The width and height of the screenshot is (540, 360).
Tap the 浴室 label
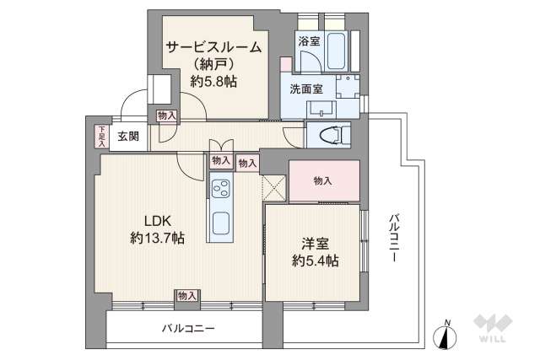tap(307, 40)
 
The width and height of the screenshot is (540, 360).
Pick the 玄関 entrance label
tap(128, 135)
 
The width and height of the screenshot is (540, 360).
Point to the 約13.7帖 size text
tap(157, 239)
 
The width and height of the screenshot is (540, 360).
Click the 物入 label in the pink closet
tap(322, 180)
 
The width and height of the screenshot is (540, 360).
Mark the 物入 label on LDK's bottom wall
tap(186, 295)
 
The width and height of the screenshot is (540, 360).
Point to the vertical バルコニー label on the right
tap(394, 239)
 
